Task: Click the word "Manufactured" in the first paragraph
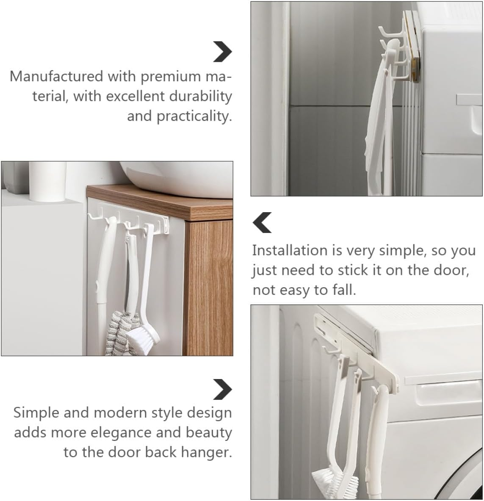(57, 77)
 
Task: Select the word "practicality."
(194, 116)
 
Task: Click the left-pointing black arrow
(262, 223)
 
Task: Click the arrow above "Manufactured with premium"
(223, 52)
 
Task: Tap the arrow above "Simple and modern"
(223, 390)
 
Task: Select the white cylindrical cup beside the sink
(47, 181)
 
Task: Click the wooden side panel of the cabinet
(209, 288)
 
